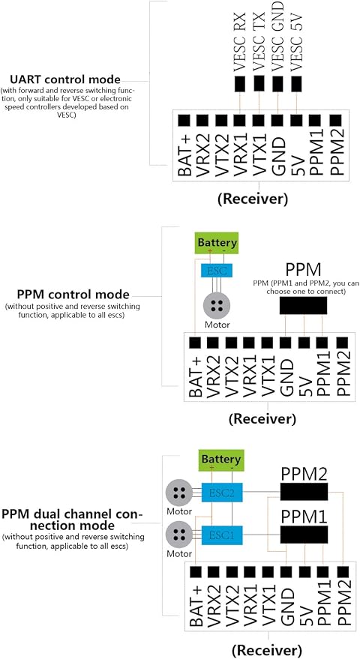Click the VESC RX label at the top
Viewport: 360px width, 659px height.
point(240,41)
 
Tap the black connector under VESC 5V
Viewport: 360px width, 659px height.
point(297,84)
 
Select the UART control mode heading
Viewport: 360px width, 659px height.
point(65,79)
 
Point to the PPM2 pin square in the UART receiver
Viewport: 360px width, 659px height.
point(335,121)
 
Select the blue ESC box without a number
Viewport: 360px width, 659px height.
point(217,271)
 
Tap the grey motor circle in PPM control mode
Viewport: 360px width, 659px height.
point(217,306)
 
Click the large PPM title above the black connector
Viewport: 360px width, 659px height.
point(303,269)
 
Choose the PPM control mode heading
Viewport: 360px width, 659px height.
point(73,294)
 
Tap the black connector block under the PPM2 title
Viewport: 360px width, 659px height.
point(304,492)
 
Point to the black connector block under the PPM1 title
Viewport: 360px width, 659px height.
point(304,535)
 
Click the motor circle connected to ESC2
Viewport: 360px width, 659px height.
point(178,492)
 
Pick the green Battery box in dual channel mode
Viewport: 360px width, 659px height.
point(220,459)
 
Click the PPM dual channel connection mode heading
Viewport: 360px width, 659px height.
point(72,520)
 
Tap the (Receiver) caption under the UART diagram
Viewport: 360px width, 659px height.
point(253,199)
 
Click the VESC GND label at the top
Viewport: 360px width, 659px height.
point(277,36)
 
